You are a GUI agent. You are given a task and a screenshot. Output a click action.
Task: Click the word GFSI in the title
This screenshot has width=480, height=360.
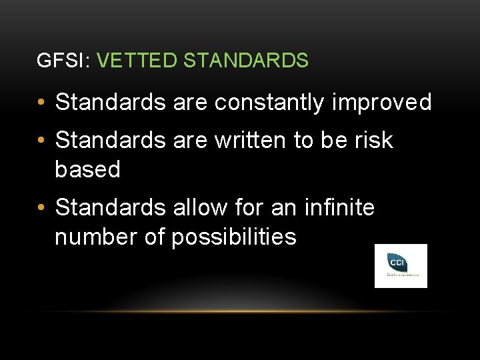56,61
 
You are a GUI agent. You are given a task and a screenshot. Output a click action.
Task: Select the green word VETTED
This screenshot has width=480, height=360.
137,61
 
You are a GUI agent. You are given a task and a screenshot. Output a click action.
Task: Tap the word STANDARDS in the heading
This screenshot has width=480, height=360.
245,61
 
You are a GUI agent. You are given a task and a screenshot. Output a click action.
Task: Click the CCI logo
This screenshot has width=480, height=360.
401,265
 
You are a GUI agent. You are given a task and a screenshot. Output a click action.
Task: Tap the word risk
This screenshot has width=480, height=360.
374,141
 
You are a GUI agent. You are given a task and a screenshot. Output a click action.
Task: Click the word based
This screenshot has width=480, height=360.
87,170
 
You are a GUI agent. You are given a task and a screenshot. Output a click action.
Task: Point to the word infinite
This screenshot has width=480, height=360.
339,208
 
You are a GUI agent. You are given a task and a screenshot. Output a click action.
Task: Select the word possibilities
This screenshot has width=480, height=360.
233,237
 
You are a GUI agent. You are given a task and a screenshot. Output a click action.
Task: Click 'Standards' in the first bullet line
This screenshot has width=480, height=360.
110,103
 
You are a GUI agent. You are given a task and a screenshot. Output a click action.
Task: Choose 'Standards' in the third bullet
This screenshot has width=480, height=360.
110,208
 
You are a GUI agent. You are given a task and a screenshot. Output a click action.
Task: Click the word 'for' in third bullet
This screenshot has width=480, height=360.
250,208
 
